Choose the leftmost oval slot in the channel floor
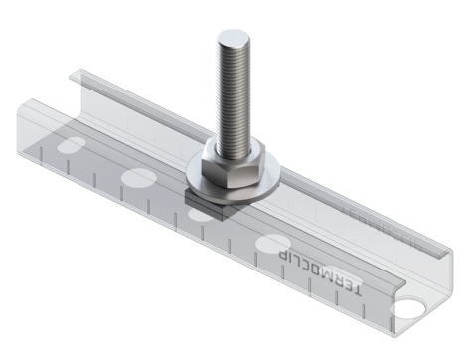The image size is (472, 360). tap(73, 145)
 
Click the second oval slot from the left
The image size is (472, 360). tap(138, 179)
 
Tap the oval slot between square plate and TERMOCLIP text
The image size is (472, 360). tap(272, 242)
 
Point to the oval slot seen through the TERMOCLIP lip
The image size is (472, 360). tap(348, 279)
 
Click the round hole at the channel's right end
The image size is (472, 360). tap(406, 307)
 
